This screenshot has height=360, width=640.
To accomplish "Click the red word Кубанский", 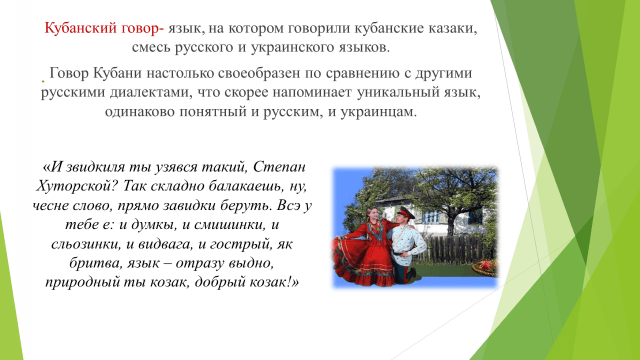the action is [x=81, y=29].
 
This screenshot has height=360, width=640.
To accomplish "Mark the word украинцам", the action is [x=377, y=112].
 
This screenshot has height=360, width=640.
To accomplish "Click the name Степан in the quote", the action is [x=279, y=167].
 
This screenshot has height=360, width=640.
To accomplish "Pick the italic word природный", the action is [x=83, y=283].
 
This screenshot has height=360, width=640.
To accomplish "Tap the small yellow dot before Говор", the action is [x=43, y=82].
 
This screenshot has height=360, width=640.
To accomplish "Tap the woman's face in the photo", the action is [x=372, y=214].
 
